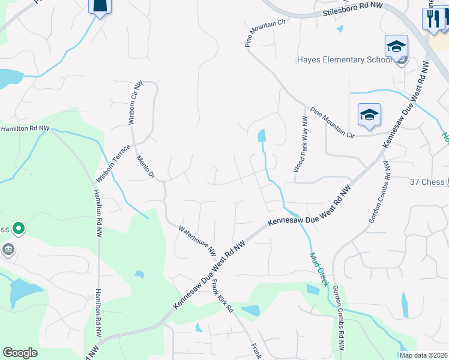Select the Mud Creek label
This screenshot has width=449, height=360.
(x=319, y=269)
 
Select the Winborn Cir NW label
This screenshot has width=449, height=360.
(x=136, y=103)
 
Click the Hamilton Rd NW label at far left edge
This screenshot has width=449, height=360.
(x=25, y=128)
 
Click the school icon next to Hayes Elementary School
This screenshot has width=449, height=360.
(x=396, y=46)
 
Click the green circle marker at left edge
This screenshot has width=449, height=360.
(x=19, y=228)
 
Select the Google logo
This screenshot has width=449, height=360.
(x=20, y=353)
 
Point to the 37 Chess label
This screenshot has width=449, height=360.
(x=427, y=182)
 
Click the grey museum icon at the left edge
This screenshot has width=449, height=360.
(x=8, y=250)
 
